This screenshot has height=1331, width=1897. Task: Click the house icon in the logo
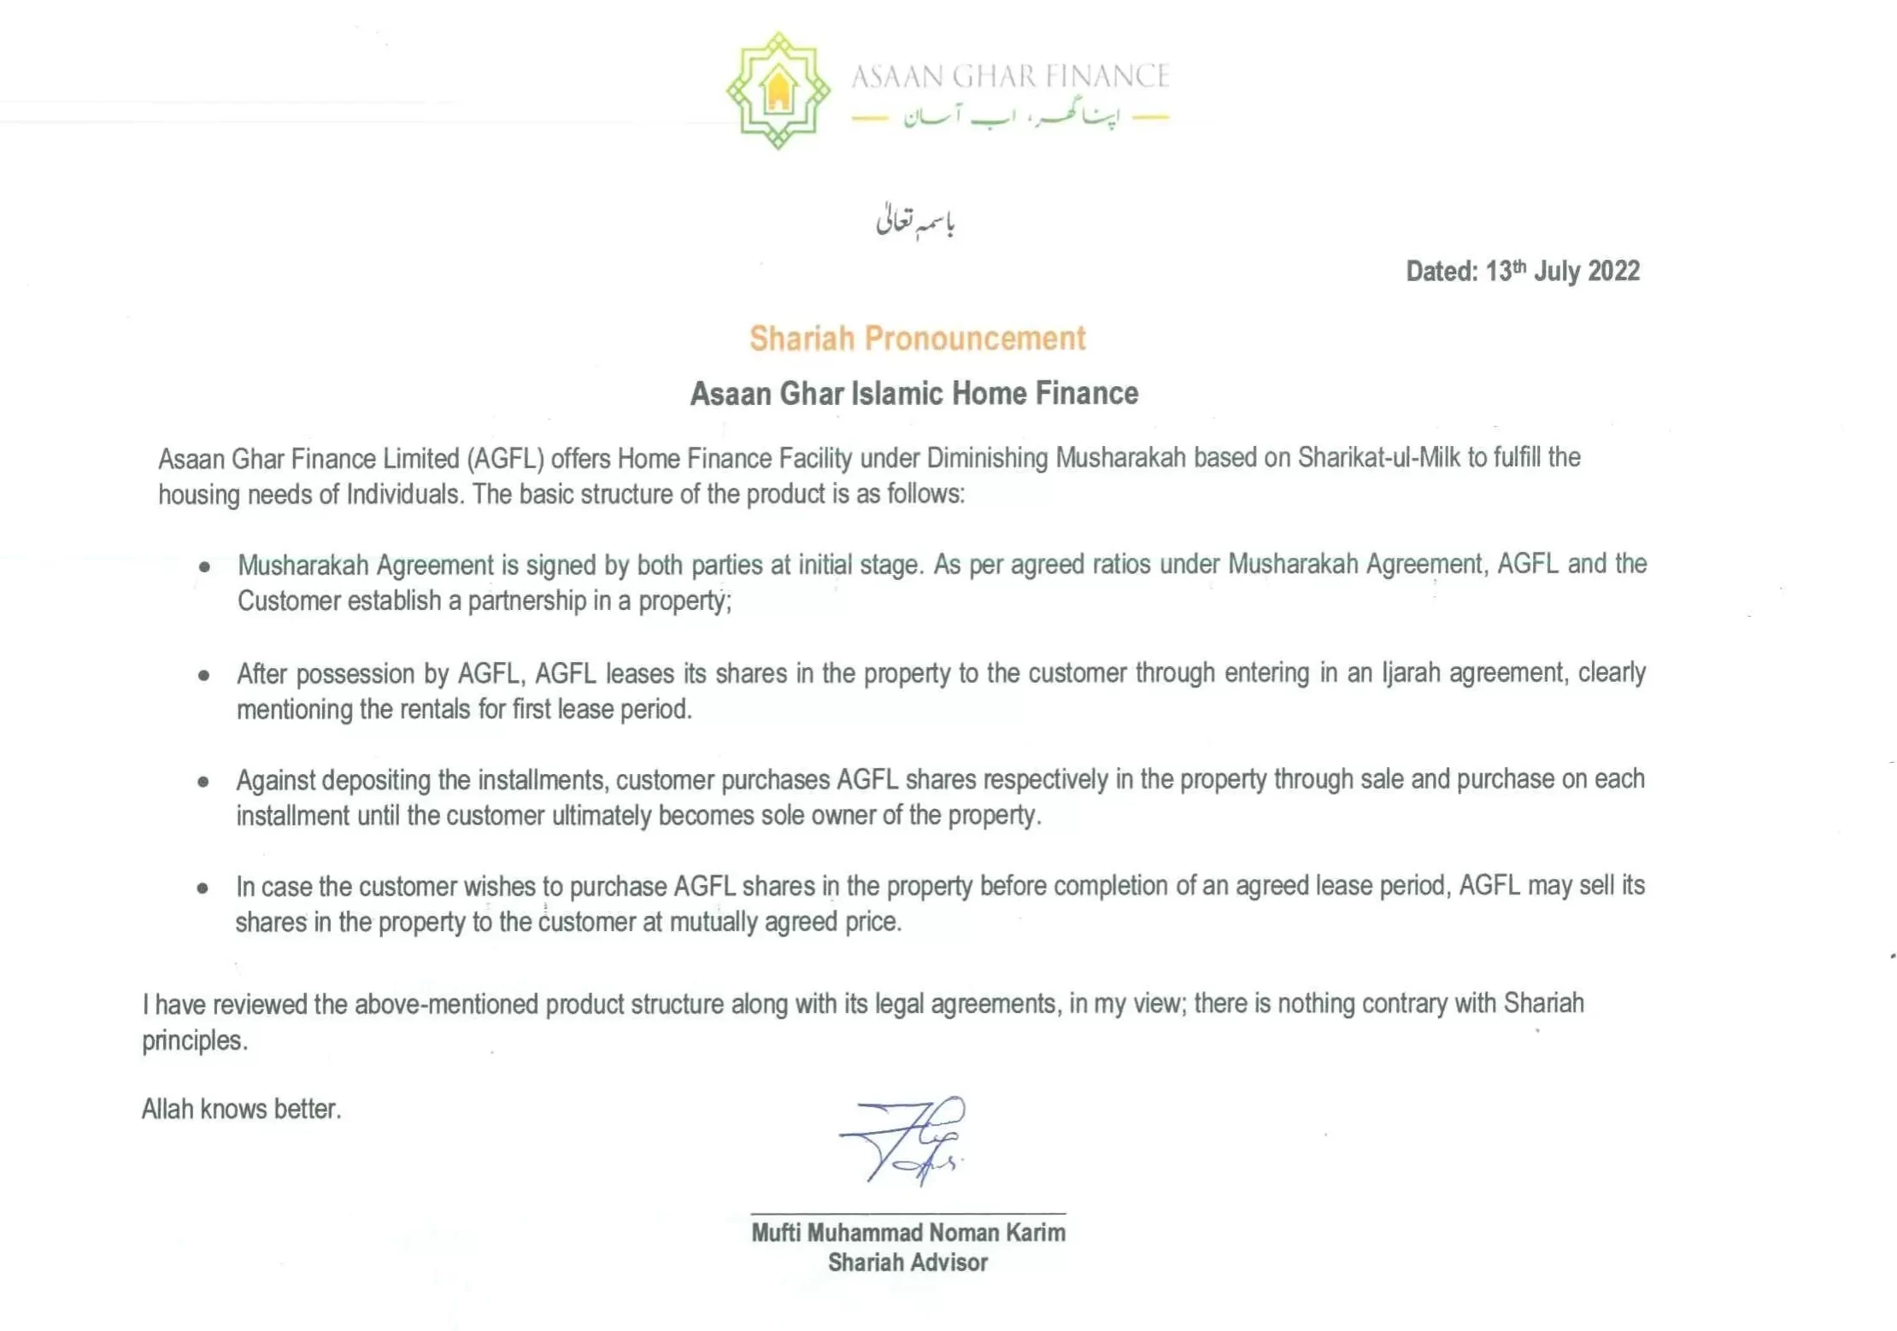click(778, 91)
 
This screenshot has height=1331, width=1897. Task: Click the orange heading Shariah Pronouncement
click(917, 338)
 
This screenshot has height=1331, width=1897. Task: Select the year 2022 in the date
click(1613, 271)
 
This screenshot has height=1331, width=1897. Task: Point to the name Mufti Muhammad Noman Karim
click(907, 1233)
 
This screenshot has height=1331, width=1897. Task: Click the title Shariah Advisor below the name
click(907, 1263)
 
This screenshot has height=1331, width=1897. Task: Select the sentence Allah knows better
click(241, 1109)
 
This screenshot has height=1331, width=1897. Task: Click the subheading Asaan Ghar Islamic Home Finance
click(913, 393)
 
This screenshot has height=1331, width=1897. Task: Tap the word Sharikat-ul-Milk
click(1378, 458)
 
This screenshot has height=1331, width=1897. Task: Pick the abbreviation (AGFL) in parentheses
click(505, 459)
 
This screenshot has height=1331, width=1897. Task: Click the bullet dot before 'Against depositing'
click(203, 781)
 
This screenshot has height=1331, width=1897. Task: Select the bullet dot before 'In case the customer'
click(203, 888)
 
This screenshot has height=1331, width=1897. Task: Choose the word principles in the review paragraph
click(194, 1041)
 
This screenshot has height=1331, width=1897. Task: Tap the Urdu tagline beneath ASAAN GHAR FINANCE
click(1011, 116)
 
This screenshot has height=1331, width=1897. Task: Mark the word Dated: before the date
click(1442, 272)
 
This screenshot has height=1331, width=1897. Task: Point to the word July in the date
click(1556, 272)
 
